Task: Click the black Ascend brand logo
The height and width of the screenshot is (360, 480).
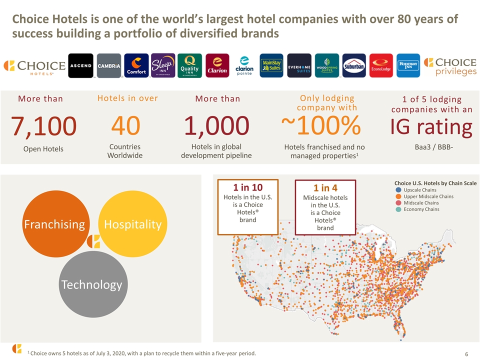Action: [x=80, y=65]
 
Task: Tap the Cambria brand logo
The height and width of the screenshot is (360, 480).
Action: [x=109, y=65]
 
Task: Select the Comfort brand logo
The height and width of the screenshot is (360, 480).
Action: [x=136, y=65]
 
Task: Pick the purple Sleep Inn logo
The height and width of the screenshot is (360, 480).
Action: [x=163, y=65]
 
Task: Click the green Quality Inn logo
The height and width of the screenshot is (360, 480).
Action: [x=190, y=65]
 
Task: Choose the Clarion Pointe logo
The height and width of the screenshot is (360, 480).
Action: [x=244, y=65]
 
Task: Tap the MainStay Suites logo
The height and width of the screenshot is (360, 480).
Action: [x=271, y=65]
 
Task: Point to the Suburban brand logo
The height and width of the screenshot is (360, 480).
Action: [x=354, y=65]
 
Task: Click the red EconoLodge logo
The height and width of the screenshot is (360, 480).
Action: [x=381, y=65]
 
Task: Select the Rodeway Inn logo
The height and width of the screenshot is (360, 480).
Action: [x=408, y=65]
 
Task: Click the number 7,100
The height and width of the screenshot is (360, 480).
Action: [x=43, y=126]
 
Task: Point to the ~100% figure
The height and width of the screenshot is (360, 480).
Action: [x=321, y=125]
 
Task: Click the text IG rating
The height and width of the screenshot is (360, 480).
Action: [x=431, y=127]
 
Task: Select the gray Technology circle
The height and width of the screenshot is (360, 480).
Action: [x=93, y=284]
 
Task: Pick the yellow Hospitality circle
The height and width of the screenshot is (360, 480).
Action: [x=133, y=224]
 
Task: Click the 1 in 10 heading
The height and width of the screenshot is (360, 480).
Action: [x=248, y=187]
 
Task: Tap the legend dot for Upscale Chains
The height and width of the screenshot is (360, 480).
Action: [x=398, y=190]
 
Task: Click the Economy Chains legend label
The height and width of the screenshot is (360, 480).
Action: [x=421, y=209]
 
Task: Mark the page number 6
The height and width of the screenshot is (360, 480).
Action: [x=466, y=354]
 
